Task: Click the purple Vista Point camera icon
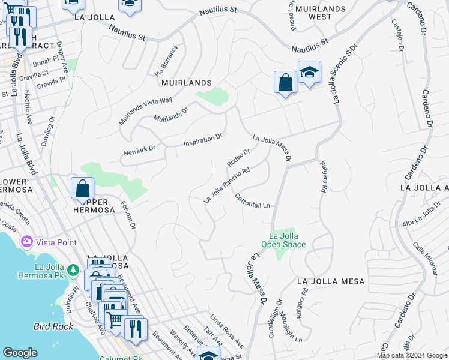[x=26, y=242]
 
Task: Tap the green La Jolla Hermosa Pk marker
[x=73, y=271]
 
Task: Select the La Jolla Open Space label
[x=283, y=240]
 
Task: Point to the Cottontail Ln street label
[x=252, y=201]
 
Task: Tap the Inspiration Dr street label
[x=203, y=140]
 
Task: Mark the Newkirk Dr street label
[x=139, y=147]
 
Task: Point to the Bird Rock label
[x=53, y=326]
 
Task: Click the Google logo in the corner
[x=20, y=353]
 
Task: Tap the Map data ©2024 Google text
[x=412, y=355]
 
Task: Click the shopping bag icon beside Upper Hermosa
[x=82, y=188]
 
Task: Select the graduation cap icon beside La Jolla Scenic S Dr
[x=309, y=73]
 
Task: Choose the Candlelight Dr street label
[x=275, y=318]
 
